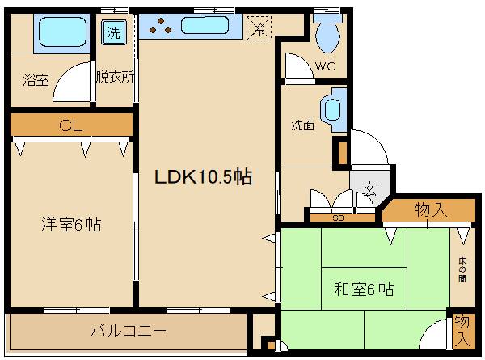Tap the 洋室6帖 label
71,224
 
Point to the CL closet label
71,125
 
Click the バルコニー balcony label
128,331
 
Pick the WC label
327,66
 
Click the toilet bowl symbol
327,35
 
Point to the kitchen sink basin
206,27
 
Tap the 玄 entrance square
369,191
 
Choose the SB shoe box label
338,217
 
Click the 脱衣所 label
115,78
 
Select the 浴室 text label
36,79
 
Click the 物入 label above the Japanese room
431,210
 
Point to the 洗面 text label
303,125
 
